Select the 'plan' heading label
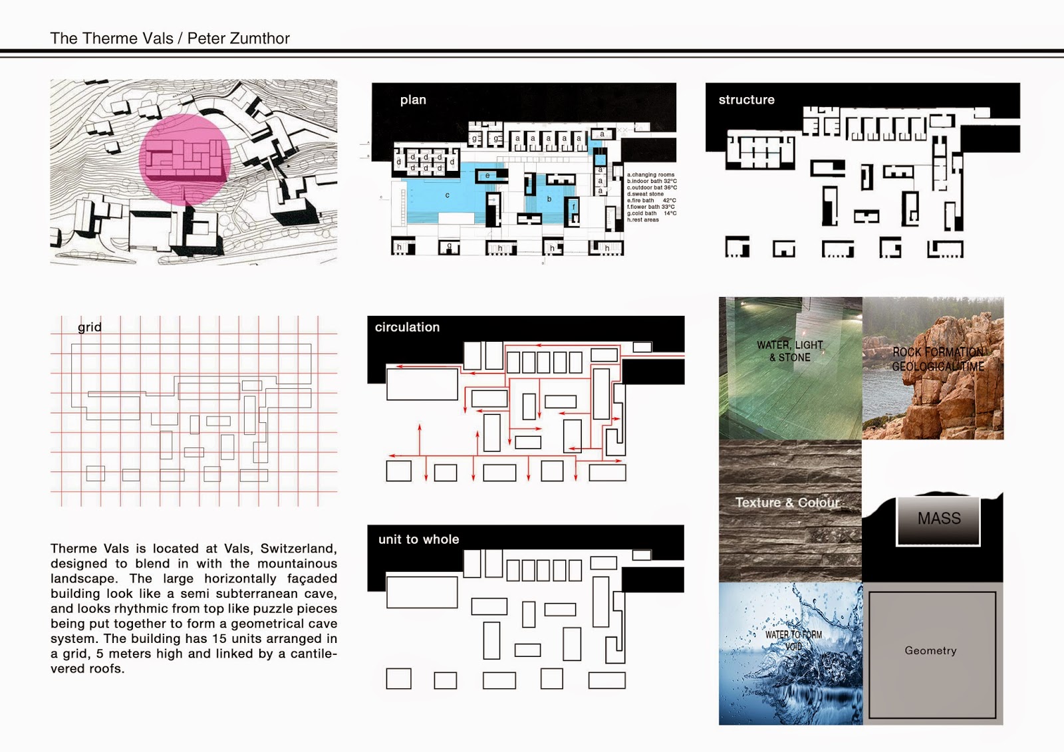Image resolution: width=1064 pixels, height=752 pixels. pyautogui.click(x=413, y=100)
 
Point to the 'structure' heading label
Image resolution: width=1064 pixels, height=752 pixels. pyautogui.click(x=746, y=100)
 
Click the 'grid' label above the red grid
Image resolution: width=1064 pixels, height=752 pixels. pyautogui.click(x=90, y=327)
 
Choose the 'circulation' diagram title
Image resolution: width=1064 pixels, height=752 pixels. pyautogui.click(x=407, y=327)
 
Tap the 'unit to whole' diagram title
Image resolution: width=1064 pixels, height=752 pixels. pyautogui.click(x=418, y=539)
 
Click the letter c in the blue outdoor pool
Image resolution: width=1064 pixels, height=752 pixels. pyautogui.click(x=448, y=195)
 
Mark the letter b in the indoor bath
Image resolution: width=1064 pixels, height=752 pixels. pyautogui.click(x=549, y=199)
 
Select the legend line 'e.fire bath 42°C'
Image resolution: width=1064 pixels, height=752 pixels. pyautogui.click(x=651, y=200)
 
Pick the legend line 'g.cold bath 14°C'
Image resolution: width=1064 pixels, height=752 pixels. pyautogui.click(x=651, y=213)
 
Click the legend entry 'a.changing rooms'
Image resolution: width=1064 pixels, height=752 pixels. pyautogui.click(x=650, y=175)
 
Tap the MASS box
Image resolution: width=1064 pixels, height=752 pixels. pyautogui.click(x=939, y=519)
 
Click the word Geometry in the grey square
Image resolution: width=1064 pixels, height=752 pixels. pyautogui.click(x=930, y=651)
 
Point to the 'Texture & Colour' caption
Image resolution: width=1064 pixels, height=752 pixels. pyautogui.click(x=787, y=503)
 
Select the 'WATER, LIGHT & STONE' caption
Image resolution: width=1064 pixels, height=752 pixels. pyautogui.click(x=790, y=351)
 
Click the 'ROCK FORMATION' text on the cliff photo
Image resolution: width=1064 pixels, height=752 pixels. pyautogui.click(x=938, y=352)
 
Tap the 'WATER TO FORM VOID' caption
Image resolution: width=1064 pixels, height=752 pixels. pyautogui.click(x=793, y=640)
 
